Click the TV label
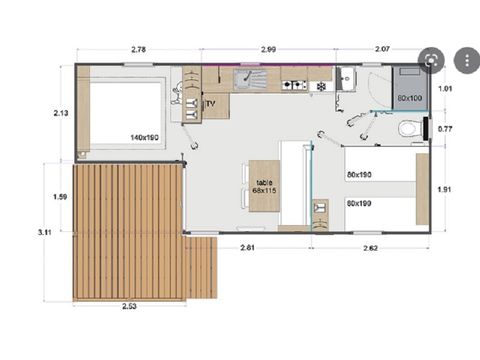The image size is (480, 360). [x=211, y=103]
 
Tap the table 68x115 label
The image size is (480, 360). [x=264, y=187]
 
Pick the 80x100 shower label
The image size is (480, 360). [x=409, y=98]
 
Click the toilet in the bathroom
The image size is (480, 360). [x=409, y=129]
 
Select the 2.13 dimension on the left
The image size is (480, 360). [x=59, y=113]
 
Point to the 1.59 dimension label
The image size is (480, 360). [x=59, y=197]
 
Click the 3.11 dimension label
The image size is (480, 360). [x=44, y=232]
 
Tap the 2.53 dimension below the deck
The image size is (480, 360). [x=130, y=305]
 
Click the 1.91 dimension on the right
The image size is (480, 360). [x=446, y=187]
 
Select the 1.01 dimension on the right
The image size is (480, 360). [x=446, y=89]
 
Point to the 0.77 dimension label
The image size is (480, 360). [x=446, y=128]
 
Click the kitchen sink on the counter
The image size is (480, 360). [x=246, y=76]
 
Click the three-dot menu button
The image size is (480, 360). [x=465, y=60]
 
